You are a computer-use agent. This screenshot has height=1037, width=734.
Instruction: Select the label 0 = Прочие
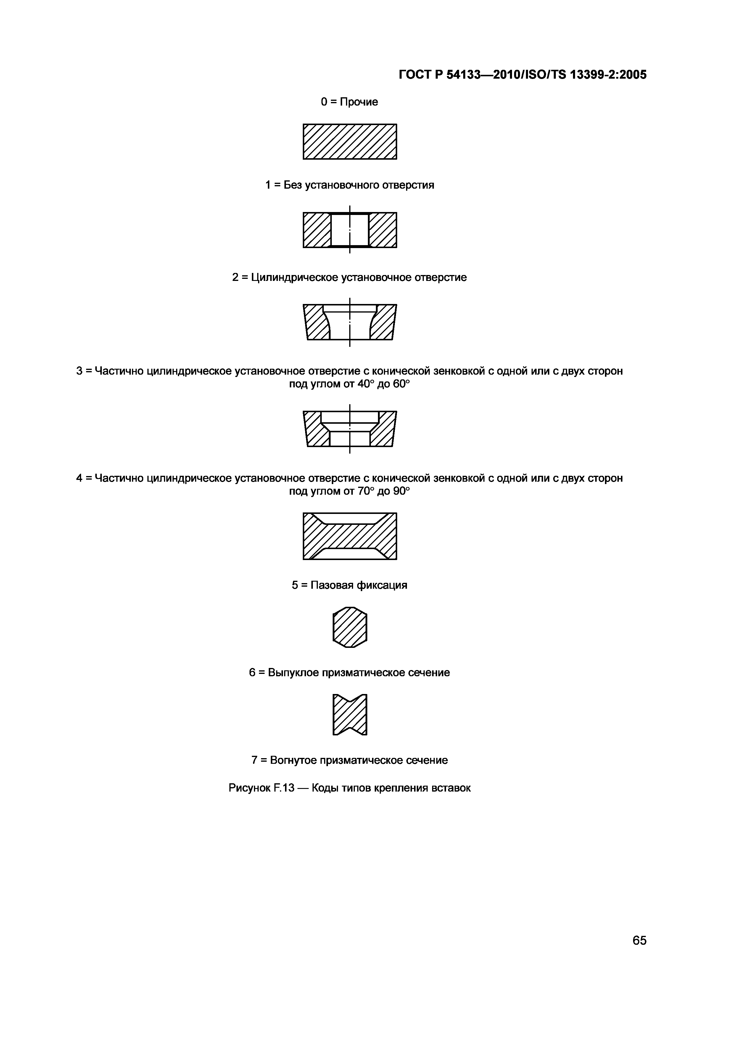coord(349,102)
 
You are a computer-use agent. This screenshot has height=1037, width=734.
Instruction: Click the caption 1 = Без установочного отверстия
coord(349,185)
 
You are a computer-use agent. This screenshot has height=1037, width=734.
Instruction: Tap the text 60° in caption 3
coord(401,384)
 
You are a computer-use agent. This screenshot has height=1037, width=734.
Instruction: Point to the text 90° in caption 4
coord(401,491)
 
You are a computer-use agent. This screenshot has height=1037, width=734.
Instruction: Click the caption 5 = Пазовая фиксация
coord(349,585)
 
